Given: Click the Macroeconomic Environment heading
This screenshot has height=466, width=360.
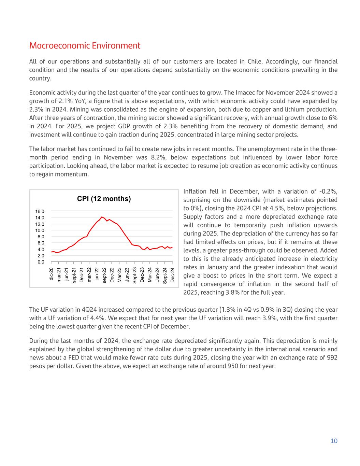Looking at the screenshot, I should pyautogui.click(x=85, y=46).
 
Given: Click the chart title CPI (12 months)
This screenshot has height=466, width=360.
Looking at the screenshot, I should pyautogui.click(x=104, y=199).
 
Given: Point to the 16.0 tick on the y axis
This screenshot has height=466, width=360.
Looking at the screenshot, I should pyautogui.click(x=40, y=211).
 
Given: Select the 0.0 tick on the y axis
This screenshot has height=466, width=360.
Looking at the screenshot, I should pyautogui.click(x=41, y=262).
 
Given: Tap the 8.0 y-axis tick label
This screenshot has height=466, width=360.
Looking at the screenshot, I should pyautogui.click(x=41, y=237).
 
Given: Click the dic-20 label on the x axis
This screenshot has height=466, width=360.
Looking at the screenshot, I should pyautogui.click(x=52, y=274).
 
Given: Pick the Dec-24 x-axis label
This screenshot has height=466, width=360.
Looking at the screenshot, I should pyautogui.click(x=173, y=275).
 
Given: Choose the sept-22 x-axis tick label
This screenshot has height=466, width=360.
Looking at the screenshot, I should pyautogui.click(x=104, y=275).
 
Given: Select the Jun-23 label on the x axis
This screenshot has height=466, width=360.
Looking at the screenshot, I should pyautogui.click(x=127, y=274).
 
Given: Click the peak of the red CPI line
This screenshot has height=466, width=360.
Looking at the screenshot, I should pyautogui.click(x=102, y=217).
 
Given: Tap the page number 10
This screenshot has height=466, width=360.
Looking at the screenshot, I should pyautogui.click(x=334, y=441).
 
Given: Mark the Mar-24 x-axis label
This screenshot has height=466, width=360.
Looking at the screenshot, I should pyautogui.click(x=150, y=274).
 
